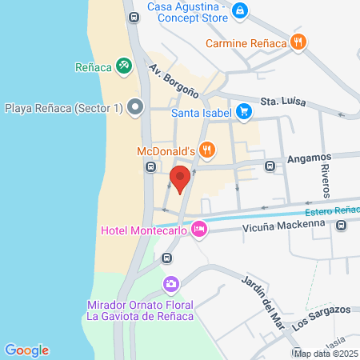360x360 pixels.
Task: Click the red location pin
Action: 181,178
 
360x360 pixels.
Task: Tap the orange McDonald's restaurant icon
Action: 207,149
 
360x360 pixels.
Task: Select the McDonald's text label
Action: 165,150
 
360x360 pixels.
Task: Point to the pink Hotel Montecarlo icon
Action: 199,230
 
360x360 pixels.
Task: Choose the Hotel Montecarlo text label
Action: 144,230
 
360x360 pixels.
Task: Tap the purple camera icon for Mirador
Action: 170,284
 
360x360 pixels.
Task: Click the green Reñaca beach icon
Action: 124,66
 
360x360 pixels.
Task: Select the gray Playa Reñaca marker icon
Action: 135,106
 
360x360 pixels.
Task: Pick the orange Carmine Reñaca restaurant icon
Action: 298,42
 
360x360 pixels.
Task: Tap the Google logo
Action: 26,350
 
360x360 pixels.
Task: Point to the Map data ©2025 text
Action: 326,354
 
